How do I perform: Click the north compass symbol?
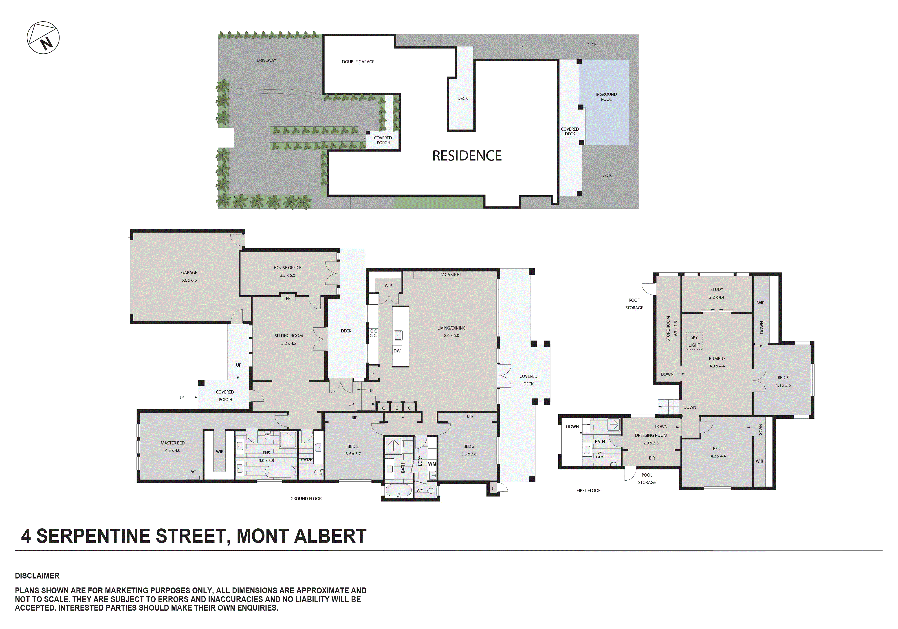[x=43, y=38]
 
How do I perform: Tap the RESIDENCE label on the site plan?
[x=467, y=156]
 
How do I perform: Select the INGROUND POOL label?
[x=606, y=97]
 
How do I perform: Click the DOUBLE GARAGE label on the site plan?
[x=358, y=62]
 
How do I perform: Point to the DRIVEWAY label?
[x=266, y=60]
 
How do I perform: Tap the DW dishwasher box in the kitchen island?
[x=397, y=351]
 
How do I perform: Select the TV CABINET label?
[x=450, y=275]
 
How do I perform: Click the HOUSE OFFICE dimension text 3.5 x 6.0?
[x=287, y=275]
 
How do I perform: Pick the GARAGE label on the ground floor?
[x=189, y=273]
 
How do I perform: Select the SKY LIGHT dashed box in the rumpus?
[x=694, y=341]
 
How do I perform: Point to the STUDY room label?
[x=717, y=289]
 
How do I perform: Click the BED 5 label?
[x=783, y=378]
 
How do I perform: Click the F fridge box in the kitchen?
[x=373, y=374]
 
